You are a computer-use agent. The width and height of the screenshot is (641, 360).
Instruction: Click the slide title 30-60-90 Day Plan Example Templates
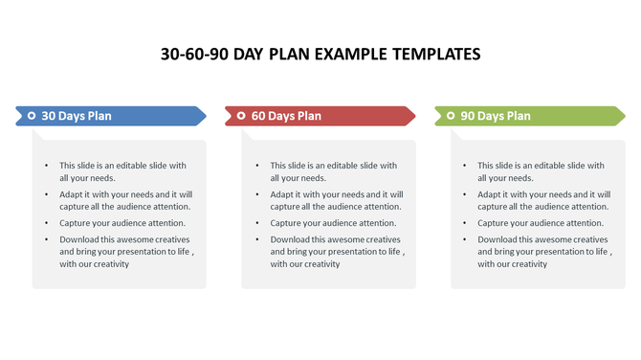[x=320, y=54]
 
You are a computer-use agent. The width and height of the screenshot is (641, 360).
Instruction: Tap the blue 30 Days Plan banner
[x=110, y=116]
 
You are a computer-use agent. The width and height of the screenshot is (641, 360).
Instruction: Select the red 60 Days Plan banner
[x=320, y=116]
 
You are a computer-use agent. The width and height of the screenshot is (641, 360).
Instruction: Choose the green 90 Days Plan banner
[x=529, y=116]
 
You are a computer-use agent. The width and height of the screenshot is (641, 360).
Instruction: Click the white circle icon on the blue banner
[x=32, y=116]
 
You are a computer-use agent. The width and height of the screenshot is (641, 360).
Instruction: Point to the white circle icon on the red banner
[x=241, y=116]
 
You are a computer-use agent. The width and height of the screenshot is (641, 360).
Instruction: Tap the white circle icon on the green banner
[x=450, y=116]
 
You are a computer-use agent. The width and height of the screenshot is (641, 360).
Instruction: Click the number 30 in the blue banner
[x=49, y=116]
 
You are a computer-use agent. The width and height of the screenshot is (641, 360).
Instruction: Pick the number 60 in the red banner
[x=259, y=116]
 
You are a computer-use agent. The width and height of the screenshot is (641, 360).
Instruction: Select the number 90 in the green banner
[x=468, y=116]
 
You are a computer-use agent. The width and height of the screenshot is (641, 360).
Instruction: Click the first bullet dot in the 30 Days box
[x=47, y=166]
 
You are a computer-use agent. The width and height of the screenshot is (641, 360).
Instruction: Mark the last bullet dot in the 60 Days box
[x=257, y=239]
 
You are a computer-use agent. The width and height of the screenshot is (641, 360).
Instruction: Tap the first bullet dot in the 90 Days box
[x=466, y=166]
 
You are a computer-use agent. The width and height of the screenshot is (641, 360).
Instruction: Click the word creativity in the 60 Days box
[x=320, y=264]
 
